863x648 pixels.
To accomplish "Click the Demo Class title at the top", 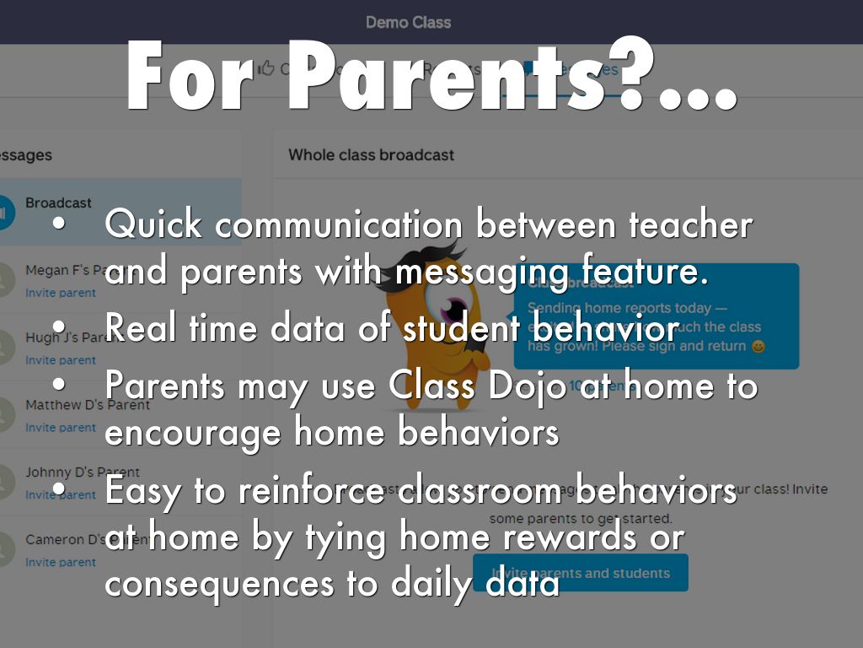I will [408, 22].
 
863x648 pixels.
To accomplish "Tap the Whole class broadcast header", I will [371, 155].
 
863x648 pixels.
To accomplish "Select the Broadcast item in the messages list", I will [58, 203].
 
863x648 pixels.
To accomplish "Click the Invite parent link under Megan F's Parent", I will [61, 293].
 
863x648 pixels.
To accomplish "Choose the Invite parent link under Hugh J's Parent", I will [61, 360].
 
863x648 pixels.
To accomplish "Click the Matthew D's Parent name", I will [88, 405].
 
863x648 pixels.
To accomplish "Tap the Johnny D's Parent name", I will [83, 472].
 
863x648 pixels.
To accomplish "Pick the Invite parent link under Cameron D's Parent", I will [61, 562].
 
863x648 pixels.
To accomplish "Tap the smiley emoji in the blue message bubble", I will [758, 346].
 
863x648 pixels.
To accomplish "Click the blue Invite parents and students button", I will [581, 573].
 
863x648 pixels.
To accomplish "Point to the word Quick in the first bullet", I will [153, 225].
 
